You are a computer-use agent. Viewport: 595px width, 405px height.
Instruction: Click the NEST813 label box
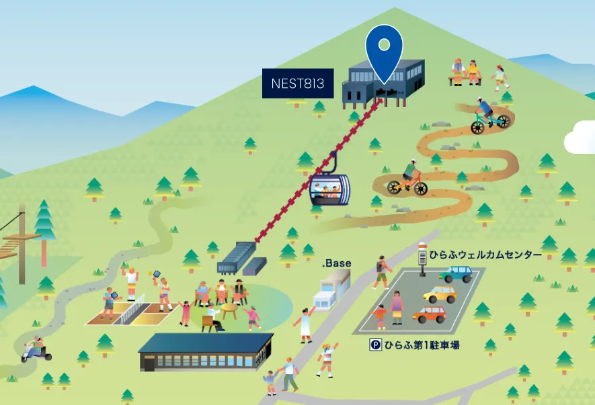pos(298,83)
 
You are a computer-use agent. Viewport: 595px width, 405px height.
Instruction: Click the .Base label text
pos(337,263)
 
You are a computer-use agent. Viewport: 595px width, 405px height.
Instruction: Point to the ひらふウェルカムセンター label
pos(485,255)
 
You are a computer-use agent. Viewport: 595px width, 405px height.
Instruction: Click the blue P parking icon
pos(375,345)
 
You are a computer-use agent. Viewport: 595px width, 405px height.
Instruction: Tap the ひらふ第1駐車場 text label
pos(422,345)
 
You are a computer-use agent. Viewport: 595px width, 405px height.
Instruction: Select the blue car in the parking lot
pos(457,274)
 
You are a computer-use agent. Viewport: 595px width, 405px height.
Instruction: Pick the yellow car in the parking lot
pos(440,294)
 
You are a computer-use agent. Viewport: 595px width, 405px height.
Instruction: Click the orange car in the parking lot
pos(429,315)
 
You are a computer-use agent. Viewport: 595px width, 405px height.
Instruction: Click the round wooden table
pos(229,310)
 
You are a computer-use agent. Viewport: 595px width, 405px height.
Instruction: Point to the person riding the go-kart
pos(36,349)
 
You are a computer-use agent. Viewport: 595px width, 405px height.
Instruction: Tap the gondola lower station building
pos(241,258)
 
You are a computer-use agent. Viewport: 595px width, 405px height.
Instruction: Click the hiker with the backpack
pos(382,272)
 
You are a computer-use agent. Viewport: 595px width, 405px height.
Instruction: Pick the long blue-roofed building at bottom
pos(206,352)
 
